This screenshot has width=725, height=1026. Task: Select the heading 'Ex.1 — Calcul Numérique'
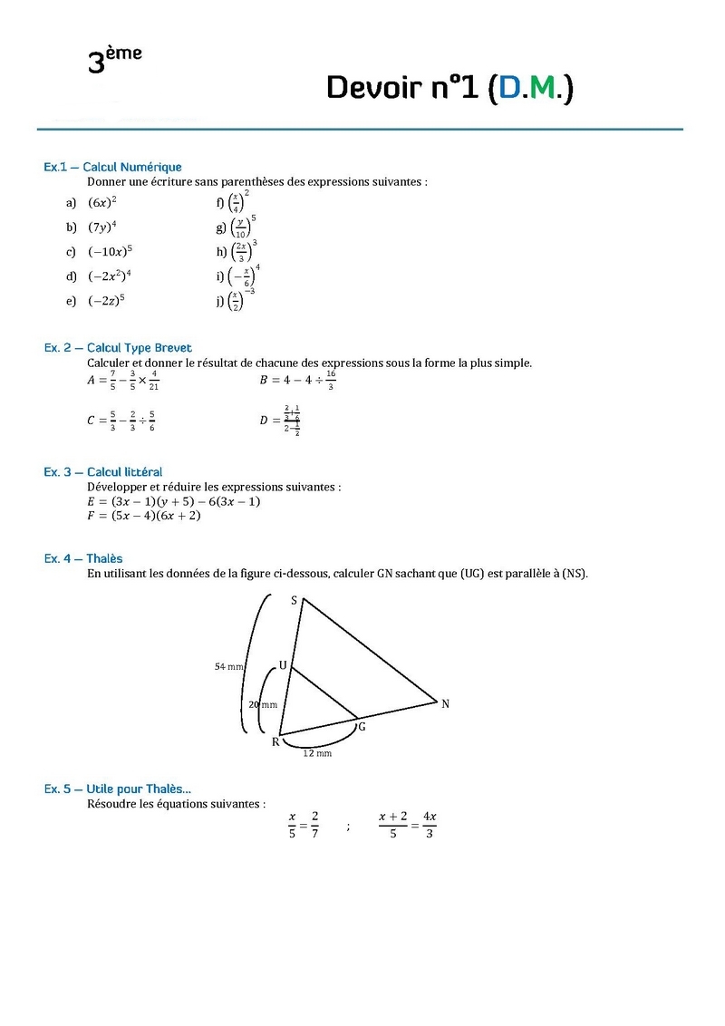point(112,167)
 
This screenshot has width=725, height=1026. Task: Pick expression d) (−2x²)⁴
point(110,276)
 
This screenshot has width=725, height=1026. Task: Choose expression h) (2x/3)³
point(237,250)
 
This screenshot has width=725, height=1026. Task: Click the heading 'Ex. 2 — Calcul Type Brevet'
point(118,348)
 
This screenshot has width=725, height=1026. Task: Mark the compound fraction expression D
point(280,420)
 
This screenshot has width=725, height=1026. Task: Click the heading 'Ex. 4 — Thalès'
point(83,558)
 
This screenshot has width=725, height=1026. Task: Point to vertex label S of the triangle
point(294,600)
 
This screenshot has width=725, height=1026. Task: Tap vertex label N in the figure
point(445,703)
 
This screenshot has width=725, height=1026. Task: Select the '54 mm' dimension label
point(229,666)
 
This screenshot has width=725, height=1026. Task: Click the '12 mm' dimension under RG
point(317,753)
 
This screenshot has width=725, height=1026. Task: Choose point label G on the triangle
point(362,727)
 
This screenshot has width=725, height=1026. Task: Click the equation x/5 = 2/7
point(304,825)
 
